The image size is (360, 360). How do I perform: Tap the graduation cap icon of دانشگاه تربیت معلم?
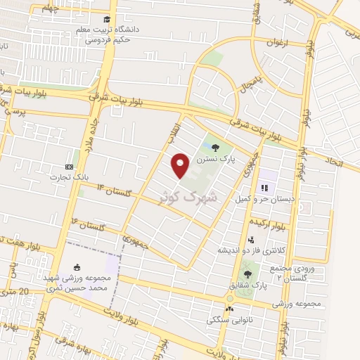(x=106, y=20)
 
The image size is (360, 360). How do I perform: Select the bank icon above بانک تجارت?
(x=68, y=166)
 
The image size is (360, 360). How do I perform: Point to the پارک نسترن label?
(x=215, y=160)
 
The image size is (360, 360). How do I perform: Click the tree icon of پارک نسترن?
(x=215, y=148)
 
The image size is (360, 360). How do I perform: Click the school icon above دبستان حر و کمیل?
(x=265, y=188)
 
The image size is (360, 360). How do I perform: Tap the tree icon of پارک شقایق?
(x=246, y=274)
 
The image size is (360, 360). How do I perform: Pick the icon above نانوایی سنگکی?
(x=229, y=309)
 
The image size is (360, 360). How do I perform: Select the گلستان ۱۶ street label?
(x=88, y=226)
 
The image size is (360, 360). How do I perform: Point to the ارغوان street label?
(x=277, y=43)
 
